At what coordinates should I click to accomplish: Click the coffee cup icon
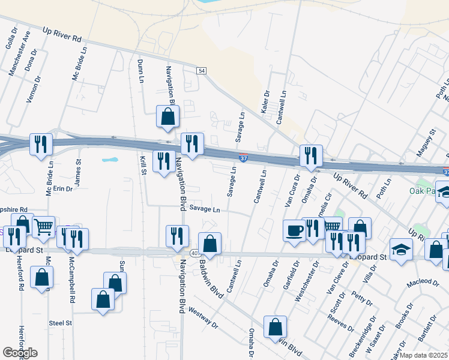pyautogui.click(x=294, y=230)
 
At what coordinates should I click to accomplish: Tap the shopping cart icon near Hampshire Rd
pyautogui.click(x=43, y=227)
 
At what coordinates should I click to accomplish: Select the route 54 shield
pyautogui.click(x=202, y=71)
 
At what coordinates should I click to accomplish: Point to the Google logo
pyautogui.click(x=20, y=353)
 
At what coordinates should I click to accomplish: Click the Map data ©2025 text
pyautogui.click(x=424, y=355)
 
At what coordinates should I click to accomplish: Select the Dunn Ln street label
pyautogui.click(x=140, y=71)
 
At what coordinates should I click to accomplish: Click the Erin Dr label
pyautogui.click(x=62, y=188)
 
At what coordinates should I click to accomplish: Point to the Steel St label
pyautogui.click(x=61, y=323)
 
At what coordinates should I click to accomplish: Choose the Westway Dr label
pyautogui.click(x=202, y=319)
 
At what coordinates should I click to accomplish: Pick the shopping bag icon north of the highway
pyautogui.click(x=167, y=117)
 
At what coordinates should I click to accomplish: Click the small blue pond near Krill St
pyautogui.click(x=110, y=160)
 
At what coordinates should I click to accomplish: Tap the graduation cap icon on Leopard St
pyautogui.click(x=401, y=249)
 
